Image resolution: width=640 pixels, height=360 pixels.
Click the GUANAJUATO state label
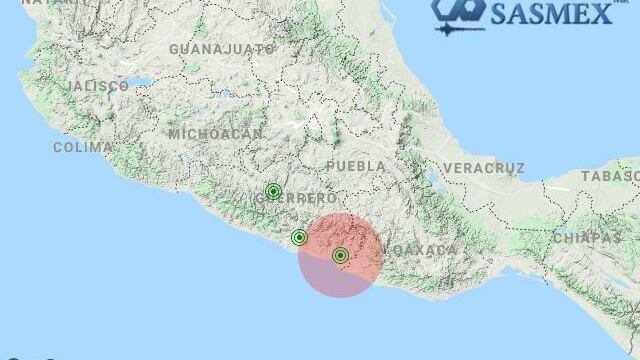[x=222, y=48]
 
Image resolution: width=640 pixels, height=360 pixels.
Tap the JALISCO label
[x=99, y=87]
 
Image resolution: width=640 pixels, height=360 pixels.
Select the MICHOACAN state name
[x=215, y=133]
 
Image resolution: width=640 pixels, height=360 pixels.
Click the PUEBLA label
[x=355, y=165]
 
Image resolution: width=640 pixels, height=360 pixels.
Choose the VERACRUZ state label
[x=484, y=167]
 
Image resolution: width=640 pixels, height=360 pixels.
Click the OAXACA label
[x=420, y=249]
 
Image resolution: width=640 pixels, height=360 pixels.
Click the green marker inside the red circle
[x=340, y=255]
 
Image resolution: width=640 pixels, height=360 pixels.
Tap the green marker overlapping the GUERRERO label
[x=273, y=191]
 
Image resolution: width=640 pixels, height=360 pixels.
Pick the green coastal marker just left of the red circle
[x=299, y=237]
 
